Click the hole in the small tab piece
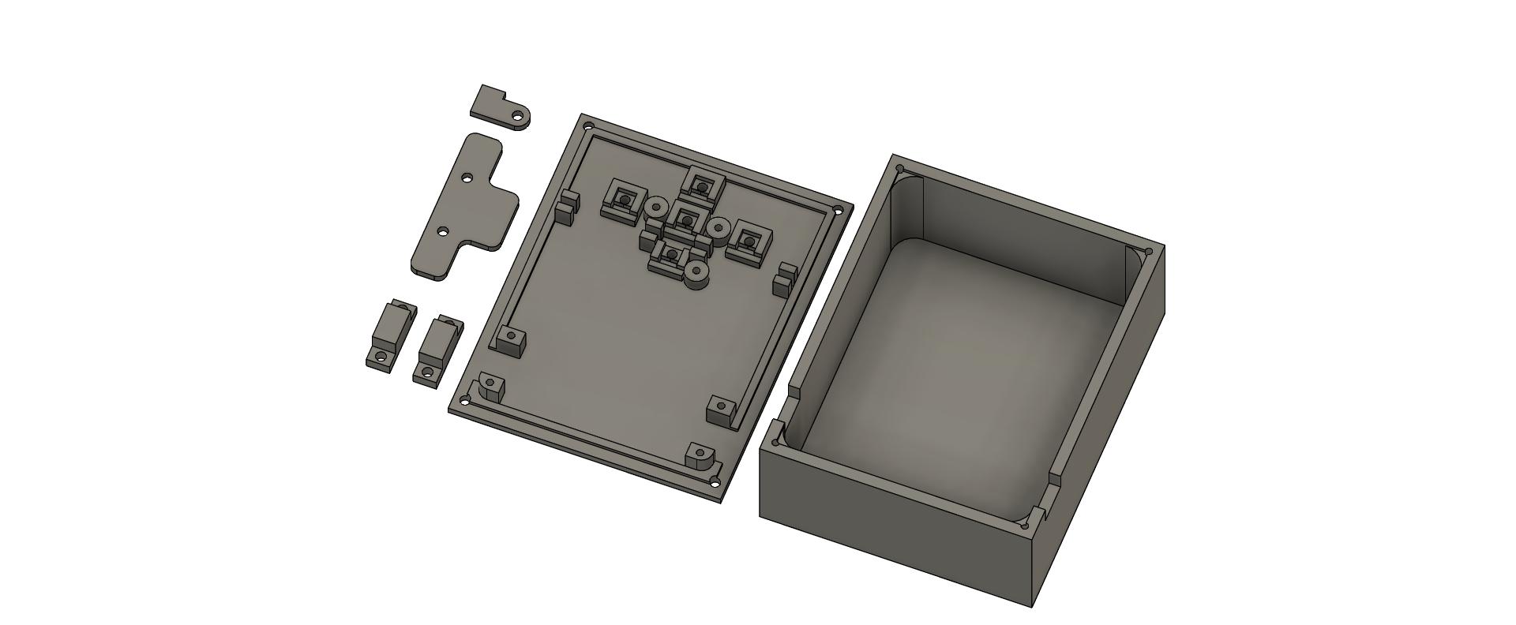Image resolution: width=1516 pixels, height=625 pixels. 518,117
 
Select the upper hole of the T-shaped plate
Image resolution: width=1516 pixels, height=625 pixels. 467,178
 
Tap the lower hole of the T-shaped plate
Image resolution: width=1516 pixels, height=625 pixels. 443,232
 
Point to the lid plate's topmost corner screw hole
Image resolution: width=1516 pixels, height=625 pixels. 587,126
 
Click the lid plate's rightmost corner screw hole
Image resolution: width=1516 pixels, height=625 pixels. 838,210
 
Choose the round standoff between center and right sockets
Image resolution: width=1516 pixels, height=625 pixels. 717,229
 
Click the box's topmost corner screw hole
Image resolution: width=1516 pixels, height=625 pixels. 899,169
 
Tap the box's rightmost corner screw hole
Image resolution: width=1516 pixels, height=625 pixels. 1148,253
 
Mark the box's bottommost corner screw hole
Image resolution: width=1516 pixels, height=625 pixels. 1024,526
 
